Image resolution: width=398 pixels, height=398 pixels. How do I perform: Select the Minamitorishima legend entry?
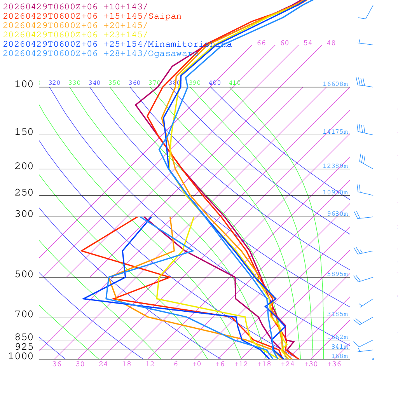[190, 44]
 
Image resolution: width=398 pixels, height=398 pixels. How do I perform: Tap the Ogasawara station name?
[173, 54]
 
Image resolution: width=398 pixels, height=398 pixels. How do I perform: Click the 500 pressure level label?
[24, 274]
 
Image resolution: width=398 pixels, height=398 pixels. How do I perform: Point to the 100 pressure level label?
[24, 84]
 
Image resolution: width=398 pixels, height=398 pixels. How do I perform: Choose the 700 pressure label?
[24, 314]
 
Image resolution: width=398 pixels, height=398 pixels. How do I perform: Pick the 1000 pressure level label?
[21, 356]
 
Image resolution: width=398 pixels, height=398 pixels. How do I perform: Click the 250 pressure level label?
[24, 193]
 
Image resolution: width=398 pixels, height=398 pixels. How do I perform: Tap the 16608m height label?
[335, 84]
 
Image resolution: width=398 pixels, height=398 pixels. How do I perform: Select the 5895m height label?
[337, 274]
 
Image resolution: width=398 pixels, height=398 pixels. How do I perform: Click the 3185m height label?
[337, 314]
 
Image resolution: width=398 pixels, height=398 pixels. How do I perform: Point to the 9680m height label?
[337, 214]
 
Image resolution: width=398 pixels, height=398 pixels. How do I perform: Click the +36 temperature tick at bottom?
[334, 364]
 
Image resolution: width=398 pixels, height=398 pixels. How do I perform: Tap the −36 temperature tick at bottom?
[54, 364]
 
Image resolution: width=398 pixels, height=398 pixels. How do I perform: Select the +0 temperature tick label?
[197, 364]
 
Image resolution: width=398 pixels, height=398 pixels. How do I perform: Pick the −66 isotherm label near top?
[258, 43]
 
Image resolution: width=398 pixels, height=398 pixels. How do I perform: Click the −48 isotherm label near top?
[328, 43]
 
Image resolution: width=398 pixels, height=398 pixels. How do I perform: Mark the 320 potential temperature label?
[54, 83]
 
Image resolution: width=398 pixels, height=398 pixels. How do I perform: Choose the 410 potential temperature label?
[235, 83]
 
